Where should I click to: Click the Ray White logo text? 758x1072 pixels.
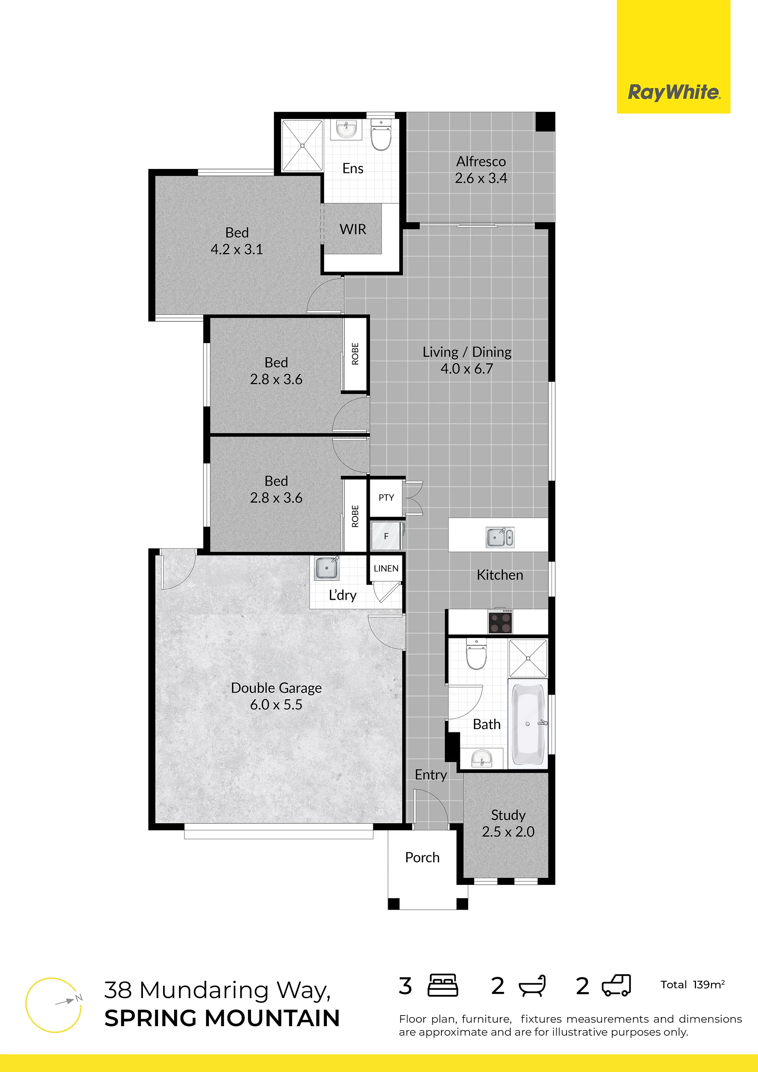674,92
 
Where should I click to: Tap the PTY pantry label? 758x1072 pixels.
386,498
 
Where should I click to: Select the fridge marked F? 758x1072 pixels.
386,536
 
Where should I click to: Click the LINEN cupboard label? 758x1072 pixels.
386,568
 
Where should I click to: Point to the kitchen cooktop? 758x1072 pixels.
500,622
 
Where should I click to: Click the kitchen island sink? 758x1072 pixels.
500,537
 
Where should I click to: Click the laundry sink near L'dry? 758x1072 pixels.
327,568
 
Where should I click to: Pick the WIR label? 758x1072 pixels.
353,229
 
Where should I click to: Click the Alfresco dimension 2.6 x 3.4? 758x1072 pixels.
481,178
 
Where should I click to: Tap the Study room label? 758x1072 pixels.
508,816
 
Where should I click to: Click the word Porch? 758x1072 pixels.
422,858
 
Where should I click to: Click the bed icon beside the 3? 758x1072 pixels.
443,986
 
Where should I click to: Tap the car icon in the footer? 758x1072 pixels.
616,986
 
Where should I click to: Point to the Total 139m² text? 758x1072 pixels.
692,985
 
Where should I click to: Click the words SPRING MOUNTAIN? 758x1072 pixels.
222,1018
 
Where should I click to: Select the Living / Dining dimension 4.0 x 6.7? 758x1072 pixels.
467,368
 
